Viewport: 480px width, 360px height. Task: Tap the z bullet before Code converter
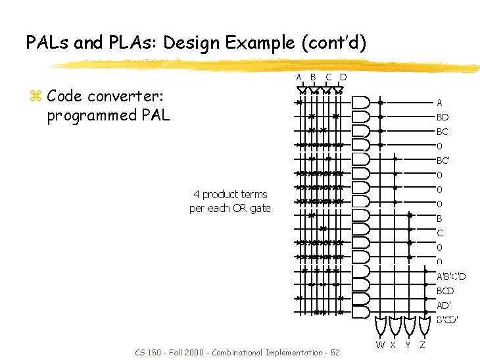click(x=36, y=97)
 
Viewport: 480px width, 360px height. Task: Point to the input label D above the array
click(x=343, y=77)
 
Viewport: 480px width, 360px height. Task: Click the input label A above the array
click(x=299, y=77)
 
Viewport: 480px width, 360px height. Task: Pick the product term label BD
click(x=443, y=117)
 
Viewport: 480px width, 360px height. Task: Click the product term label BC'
click(x=443, y=161)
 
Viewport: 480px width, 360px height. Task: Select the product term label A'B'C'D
click(x=451, y=276)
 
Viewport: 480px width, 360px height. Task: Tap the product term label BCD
click(x=446, y=291)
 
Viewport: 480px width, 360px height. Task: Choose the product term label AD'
click(x=444, y=305)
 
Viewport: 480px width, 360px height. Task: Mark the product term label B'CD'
click(x=448, y=320)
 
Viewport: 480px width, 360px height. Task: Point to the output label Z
click(x=422, y=344)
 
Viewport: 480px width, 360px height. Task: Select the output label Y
click(x=408, y=344)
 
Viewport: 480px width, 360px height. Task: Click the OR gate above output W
click(x=380, y=326)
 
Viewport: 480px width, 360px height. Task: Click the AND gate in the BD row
click(x=361, y=117)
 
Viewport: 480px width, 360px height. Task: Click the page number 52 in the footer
click(x=335, y=353)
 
